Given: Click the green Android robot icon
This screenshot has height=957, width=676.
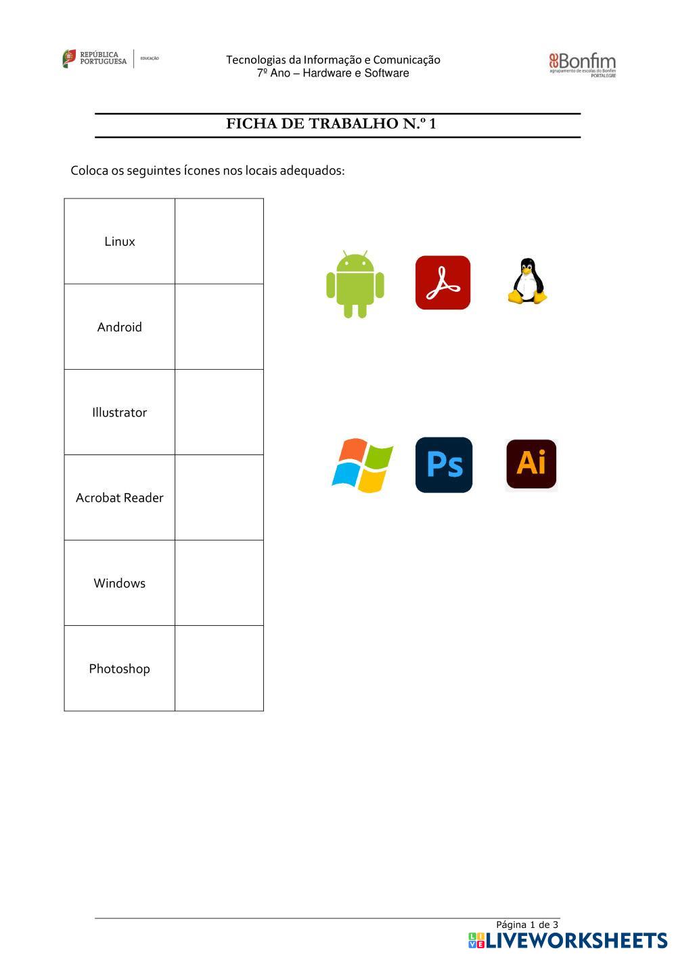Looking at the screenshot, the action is point(355,284).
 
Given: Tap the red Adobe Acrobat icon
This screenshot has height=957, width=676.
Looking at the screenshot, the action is point(443,282).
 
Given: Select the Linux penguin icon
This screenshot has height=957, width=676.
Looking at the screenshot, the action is point(527,281).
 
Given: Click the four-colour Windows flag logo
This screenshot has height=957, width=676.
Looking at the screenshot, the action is point(363,465).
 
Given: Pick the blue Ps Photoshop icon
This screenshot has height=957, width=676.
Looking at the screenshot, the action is point(444,465).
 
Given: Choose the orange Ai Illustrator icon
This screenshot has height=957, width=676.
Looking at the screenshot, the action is point(531,464).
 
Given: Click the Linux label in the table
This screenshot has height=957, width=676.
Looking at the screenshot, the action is point(120,242).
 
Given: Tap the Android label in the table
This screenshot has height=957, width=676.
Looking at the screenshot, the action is point(120,327).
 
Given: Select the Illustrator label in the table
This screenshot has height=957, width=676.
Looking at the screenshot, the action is point(120,412).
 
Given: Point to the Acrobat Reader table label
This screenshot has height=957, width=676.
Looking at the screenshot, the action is point(120,498).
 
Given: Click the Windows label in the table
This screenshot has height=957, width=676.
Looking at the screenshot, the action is point(120,583).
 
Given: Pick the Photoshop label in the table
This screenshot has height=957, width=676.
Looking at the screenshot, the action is point(120,668).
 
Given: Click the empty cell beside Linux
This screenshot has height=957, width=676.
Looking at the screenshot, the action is point(219,242).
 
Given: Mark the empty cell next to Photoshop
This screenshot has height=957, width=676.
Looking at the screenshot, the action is point(219,668).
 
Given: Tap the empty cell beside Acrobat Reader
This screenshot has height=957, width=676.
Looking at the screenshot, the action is point(219,498).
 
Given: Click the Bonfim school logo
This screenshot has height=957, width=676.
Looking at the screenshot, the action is point(582,65).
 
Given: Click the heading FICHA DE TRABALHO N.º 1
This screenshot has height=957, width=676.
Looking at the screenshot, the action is point(331,124).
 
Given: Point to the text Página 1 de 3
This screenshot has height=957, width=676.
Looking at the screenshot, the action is point(527,924).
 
